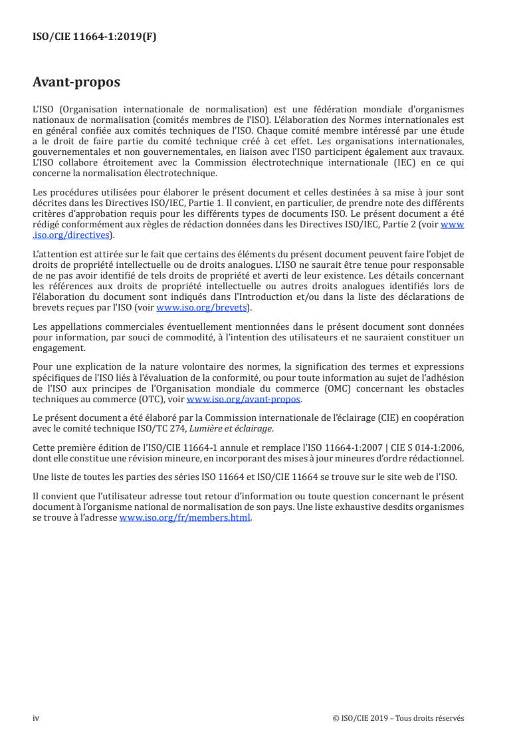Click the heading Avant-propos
(76, 83)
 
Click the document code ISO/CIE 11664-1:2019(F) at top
(94, 37)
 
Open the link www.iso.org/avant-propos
(244, 400)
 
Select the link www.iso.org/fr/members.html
(185, 519)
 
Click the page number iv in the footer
(36, 717)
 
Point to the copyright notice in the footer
(399, 717)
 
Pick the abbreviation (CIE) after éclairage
(385, 419)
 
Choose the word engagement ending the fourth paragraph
(58, 347)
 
